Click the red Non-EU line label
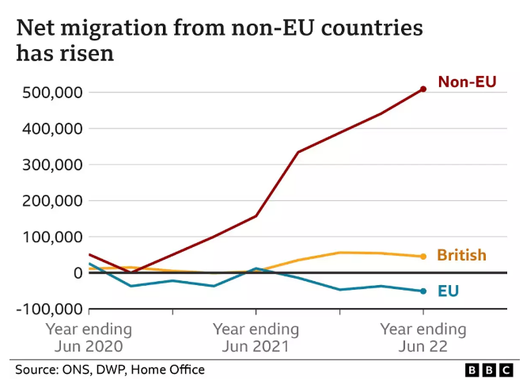click(x=467, y=82)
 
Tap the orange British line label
click(x=461, y=255)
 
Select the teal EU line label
click(x=449, y=291)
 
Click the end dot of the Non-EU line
click(x=423, y=89)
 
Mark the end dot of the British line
click(x=423, y=257)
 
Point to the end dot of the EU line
click(x=423, y=291)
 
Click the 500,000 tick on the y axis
click(x=49, y=93)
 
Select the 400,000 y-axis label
click(x=49, y=128)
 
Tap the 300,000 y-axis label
click(x=49, y=165)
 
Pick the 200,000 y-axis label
click(x=49, y=201)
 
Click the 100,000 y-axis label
click(x=49, y=237)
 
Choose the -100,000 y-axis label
click(x=45, y=309)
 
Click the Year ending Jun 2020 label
click(x=88, y=338)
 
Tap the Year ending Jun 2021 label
click(x=256, y=338)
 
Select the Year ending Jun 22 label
click(x=423, y=338)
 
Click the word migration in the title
click(x=108, y=29)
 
